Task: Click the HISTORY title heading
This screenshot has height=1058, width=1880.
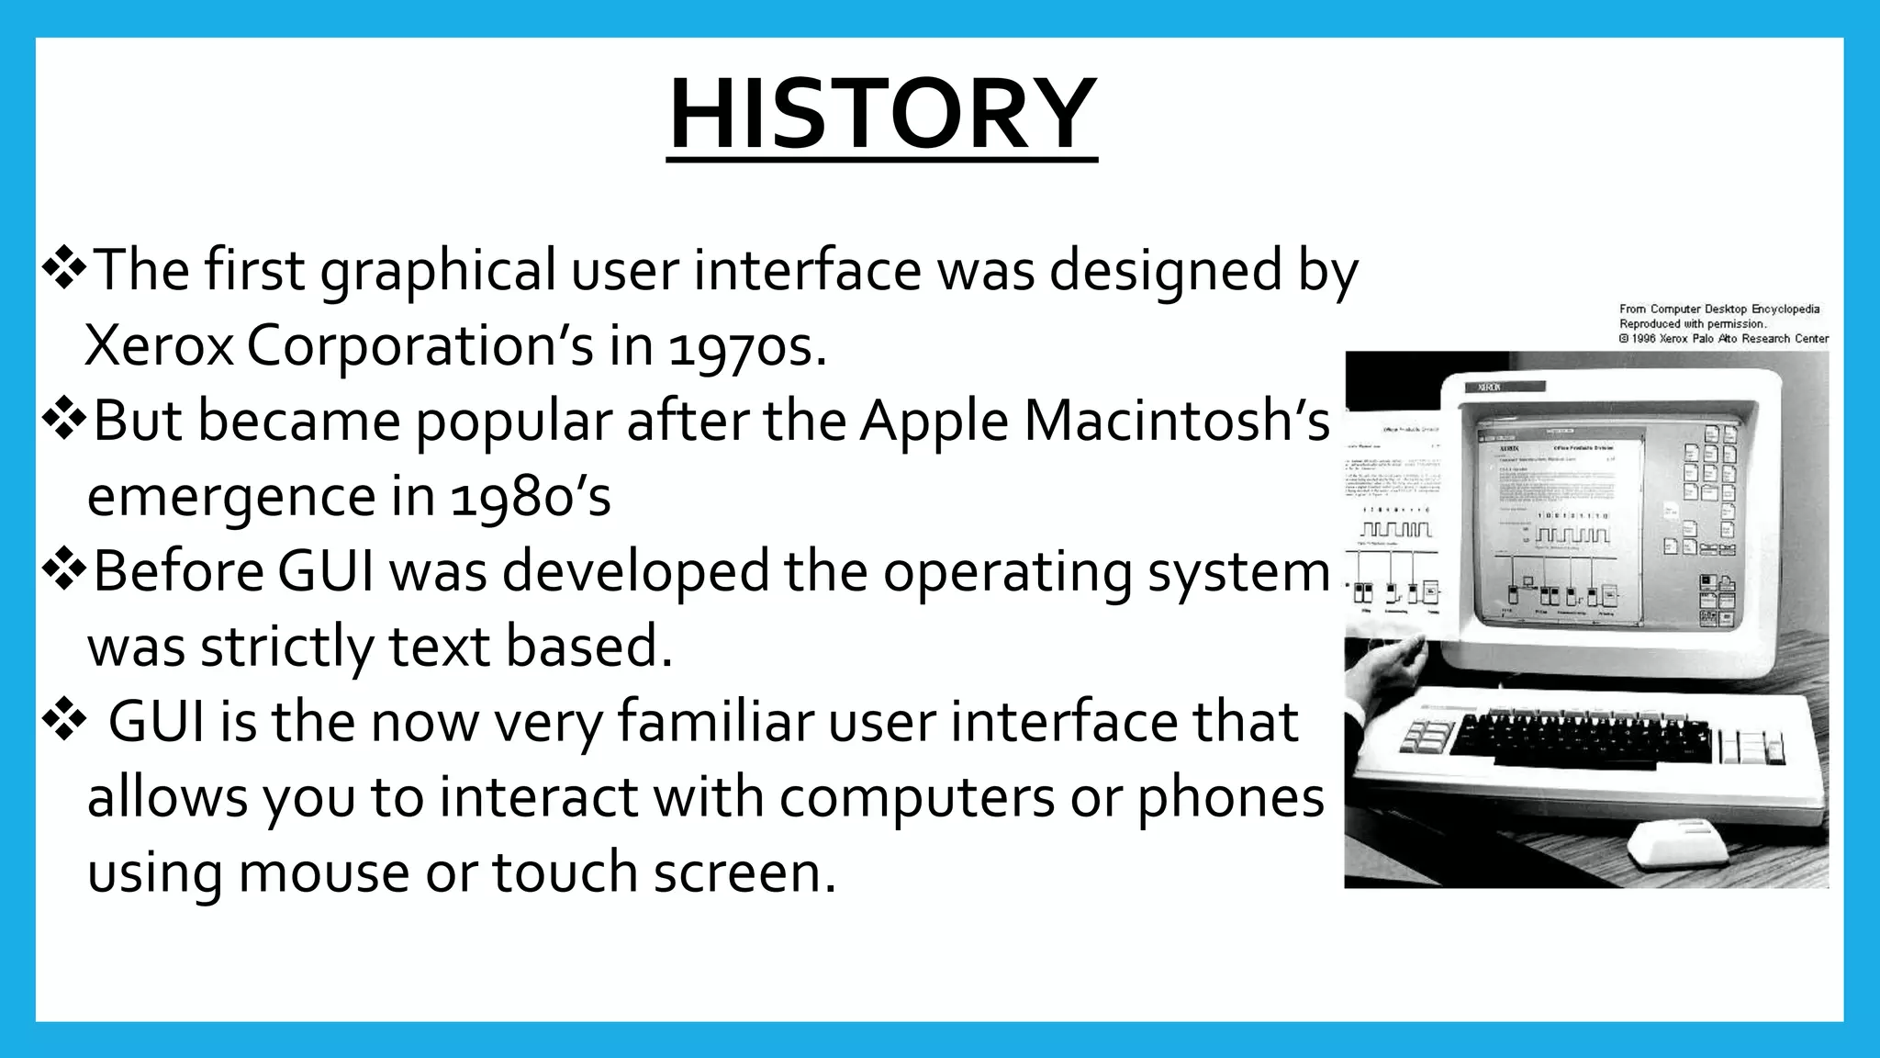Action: tap(881, 116)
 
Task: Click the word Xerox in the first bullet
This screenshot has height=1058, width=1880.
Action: tap(159, 347)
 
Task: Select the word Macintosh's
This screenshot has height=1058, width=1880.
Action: tap(1176, 421)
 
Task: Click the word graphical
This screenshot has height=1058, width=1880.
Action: tap(438, 272)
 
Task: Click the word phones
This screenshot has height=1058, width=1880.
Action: tap(1231, 797)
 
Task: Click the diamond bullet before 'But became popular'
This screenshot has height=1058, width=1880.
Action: tap(63, 421)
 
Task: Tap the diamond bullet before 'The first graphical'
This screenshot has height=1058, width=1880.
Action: tap(63, 270)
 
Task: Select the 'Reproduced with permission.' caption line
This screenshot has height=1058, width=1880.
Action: tap(1692, 324)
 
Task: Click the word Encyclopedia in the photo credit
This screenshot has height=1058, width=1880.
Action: tap(1785, 310)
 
